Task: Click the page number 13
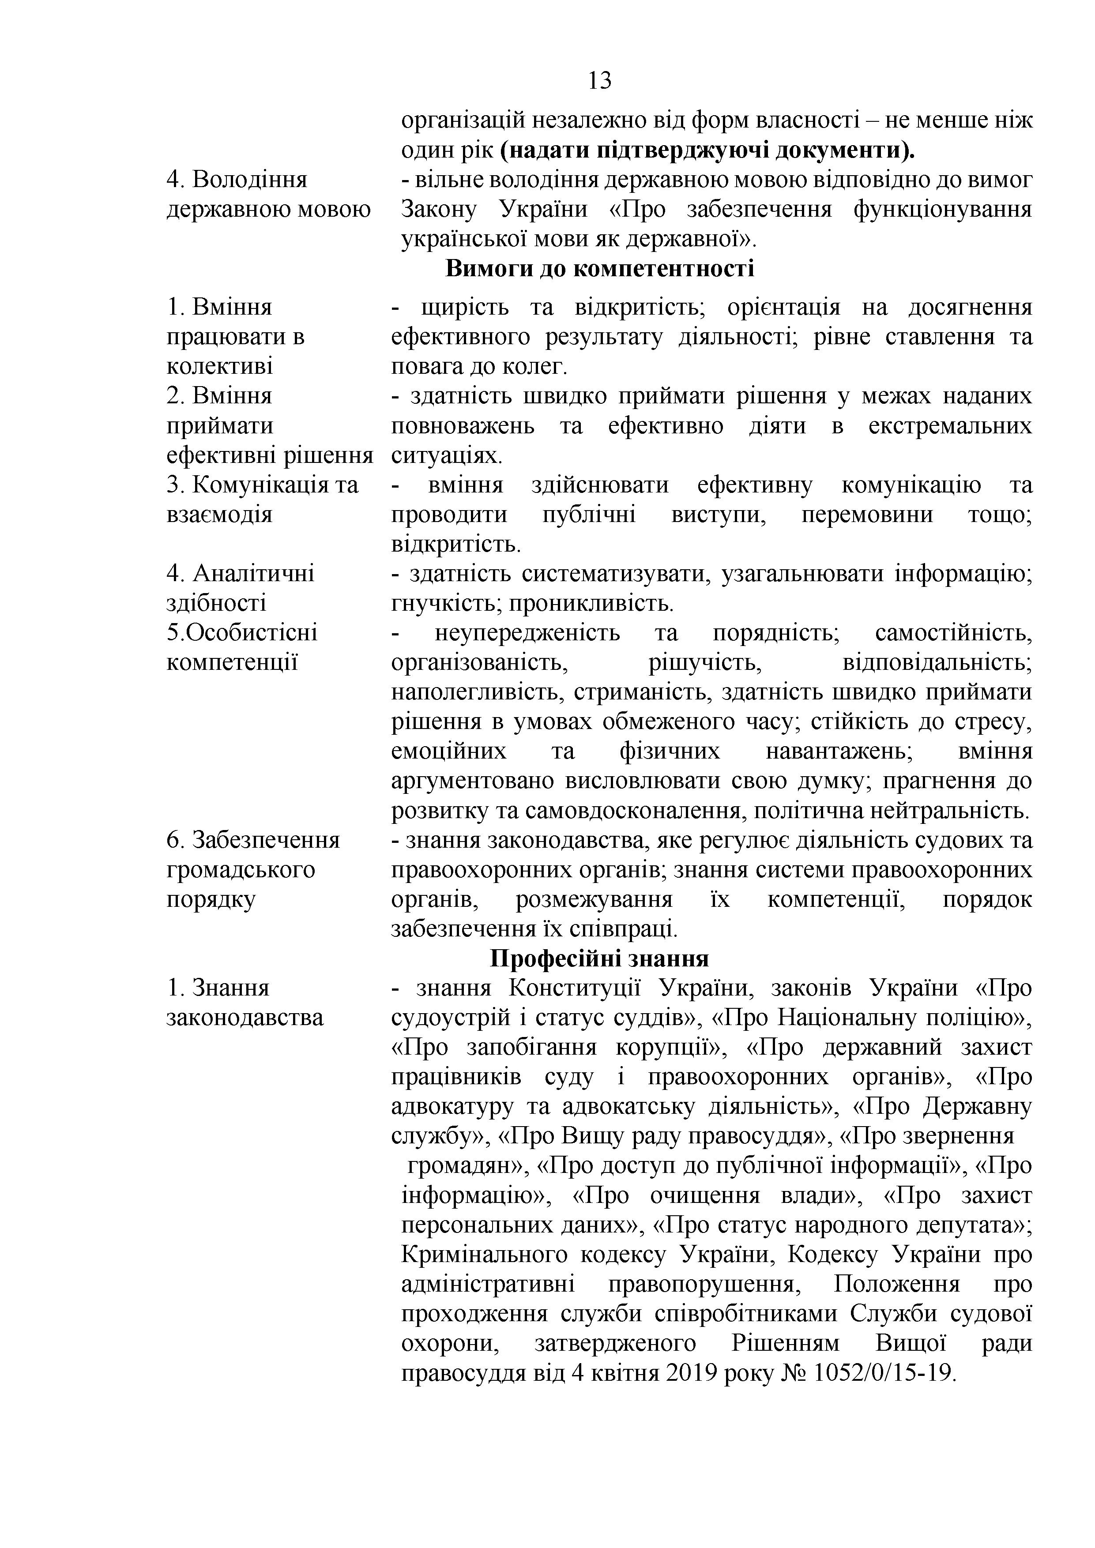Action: coord(599,81)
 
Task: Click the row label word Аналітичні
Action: coord(253,574)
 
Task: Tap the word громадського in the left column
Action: coord(241,870)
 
